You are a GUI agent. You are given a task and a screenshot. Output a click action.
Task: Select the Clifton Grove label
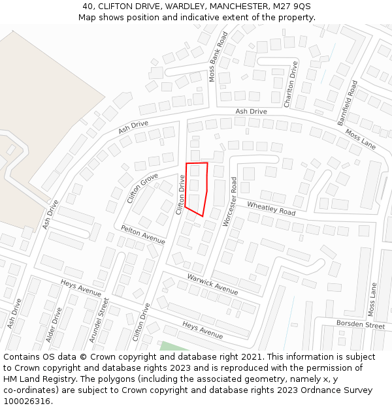(142, 188)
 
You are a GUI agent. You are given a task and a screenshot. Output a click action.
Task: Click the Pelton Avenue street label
(143, 234)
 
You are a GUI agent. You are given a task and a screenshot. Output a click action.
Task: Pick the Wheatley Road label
(271, 208)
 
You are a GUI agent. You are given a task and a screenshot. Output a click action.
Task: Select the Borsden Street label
(361, 324)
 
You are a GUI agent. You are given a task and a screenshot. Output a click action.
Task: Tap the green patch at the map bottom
(172, 346)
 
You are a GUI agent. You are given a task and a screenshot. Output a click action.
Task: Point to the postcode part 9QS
(301, 6)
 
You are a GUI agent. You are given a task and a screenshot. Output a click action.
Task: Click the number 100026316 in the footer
(27, 401)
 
